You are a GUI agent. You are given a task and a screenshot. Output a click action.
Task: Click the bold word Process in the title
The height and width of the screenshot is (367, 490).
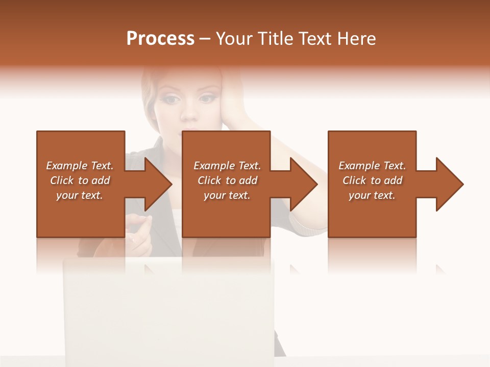160,38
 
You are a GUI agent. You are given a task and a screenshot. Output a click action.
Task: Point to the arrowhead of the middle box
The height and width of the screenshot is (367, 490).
303,184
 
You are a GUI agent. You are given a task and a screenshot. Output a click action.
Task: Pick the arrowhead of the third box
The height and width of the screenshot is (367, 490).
449,184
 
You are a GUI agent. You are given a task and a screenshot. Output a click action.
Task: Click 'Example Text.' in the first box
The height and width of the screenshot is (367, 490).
80,166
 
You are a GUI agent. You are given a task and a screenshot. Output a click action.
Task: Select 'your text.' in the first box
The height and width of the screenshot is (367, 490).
80,195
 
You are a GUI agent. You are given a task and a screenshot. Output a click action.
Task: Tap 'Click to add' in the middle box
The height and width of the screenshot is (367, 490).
227,180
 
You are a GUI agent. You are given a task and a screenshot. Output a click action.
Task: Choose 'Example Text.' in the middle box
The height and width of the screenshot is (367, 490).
227,166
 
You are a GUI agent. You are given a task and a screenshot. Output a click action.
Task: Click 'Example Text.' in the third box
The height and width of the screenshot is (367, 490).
372,166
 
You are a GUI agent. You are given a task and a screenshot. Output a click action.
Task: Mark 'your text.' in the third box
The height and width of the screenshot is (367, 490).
372,195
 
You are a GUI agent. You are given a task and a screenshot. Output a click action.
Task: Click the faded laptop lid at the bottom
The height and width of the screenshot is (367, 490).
168,306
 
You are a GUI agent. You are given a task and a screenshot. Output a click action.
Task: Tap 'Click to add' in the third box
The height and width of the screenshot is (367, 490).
372,180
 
